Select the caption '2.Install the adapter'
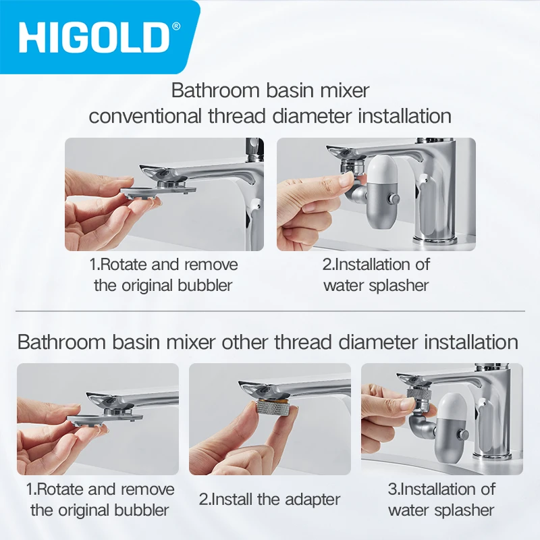269,500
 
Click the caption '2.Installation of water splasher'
376,274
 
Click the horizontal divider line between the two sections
270,311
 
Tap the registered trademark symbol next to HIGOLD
177,26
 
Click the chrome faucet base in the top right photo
435,237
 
